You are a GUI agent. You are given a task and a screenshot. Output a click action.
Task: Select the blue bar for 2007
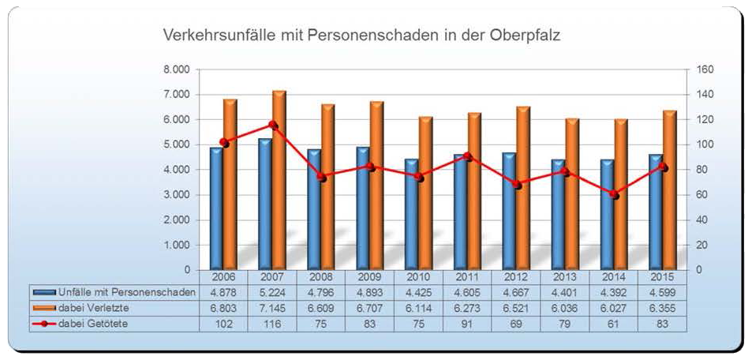(264, 205)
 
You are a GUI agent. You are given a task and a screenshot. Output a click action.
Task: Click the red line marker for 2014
(614, 194)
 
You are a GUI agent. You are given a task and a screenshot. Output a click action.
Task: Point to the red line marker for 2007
(272, 125)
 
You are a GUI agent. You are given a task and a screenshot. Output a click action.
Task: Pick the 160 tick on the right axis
(705, 69)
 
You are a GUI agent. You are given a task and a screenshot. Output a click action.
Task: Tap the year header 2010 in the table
(418, 277)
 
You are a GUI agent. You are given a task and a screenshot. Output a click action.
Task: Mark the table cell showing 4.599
(662, 292)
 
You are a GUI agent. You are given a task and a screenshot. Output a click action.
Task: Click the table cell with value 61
(613, 323)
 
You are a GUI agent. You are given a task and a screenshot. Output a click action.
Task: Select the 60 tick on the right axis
(702, 195)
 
